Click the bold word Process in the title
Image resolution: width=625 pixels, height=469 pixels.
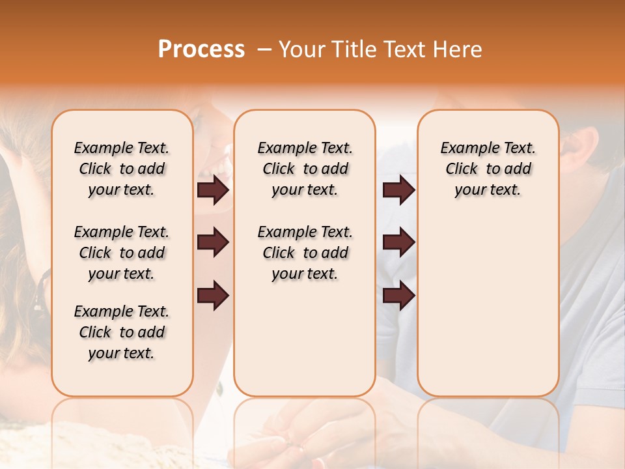click(x=201, y=50)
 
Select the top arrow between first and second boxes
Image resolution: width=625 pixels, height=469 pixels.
click(x=213, y=190)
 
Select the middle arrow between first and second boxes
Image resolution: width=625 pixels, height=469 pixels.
click(x=213, y=243)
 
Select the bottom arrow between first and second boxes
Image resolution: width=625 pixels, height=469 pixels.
click(x=213, y=296)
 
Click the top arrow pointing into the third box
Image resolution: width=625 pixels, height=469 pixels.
click(x=398, y=190)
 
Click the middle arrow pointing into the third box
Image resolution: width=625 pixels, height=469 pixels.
click(x=398, y=243)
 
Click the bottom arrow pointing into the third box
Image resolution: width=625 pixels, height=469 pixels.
click(x=398, y=296)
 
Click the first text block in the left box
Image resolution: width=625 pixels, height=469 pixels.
click(x=122, y=169)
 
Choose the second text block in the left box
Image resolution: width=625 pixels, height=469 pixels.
click(x=122, y=253)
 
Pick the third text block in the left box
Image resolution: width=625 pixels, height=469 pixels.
click(x=122, y=332)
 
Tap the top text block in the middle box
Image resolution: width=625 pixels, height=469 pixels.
click(x=305, y=169)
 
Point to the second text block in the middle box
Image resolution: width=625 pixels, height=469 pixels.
click(x=305, y=253)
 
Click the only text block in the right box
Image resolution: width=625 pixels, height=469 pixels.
click(x=488, y=169)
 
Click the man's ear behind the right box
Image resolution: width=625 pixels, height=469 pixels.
click(x=584, y=147)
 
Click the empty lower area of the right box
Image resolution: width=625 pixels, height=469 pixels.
click(x=488, y=306)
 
